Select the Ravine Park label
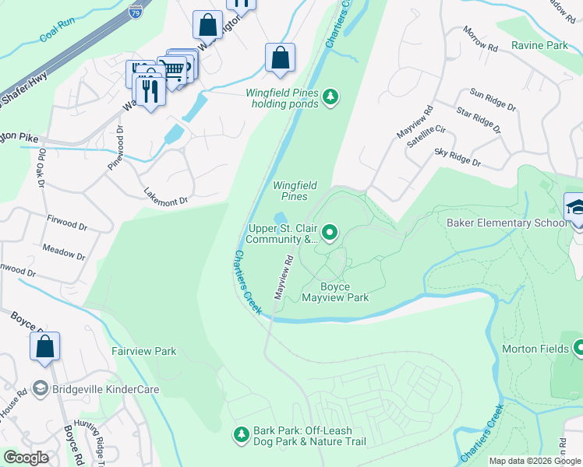click(539, 46)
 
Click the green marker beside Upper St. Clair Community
click(330, 231)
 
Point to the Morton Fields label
click(535, 349)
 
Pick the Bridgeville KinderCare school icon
click(40, 388)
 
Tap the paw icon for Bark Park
click(242, 432)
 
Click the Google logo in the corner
click(26, 458)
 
